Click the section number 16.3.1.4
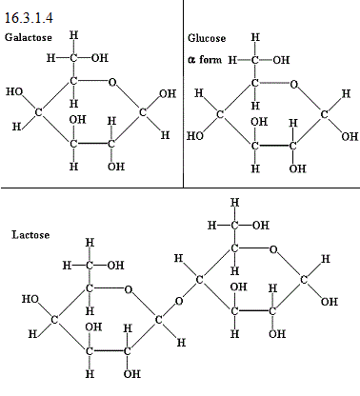pos(29,17)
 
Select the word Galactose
pos(29,37)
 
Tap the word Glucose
pos(207,38)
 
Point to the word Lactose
pos(30,235)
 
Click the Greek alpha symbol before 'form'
pos(191,60)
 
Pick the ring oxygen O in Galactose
pos(112,82)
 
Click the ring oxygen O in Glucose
pos(294,85)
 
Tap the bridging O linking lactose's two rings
pos(179,301)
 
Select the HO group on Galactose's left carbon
pos(14,91)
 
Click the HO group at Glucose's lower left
pos(195,136)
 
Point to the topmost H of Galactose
pos(73,35)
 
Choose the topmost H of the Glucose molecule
pos(255,37)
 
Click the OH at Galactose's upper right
pos(168,93)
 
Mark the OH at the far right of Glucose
pos(350,136)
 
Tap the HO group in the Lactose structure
pos(30,299)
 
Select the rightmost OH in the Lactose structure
pos(330,301)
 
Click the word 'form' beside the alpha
pos(210,59)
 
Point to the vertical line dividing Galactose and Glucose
pos(183,93)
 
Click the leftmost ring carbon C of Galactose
pos(38,112)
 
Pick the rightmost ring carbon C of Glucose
pos(324,114)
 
